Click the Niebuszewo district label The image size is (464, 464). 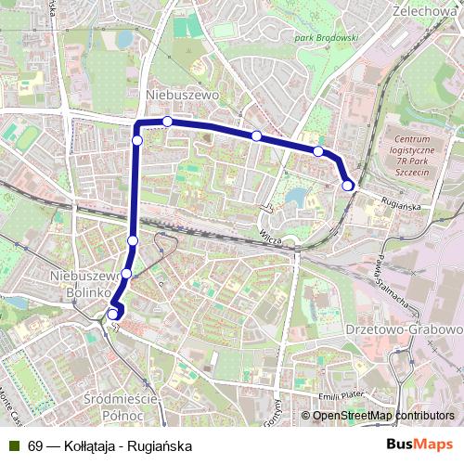click(x=181, y=95)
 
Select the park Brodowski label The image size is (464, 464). click(x=326, y=37)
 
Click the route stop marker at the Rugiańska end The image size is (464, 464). click(x=348, y=186)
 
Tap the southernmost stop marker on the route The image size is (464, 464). click(x=112, y=314)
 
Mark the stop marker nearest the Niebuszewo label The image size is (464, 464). click(x=167, y=122)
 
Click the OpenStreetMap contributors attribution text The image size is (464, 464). click(x=382, y=416)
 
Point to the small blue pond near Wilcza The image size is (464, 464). click(x=296, y=198)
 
